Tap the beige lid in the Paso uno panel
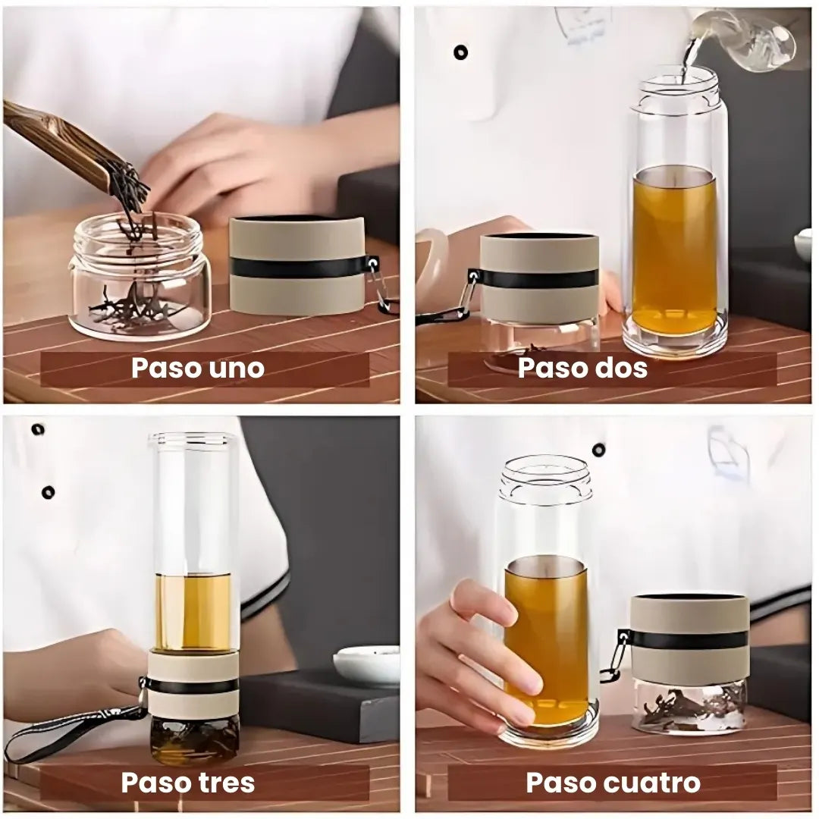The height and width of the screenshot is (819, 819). pos(297,265)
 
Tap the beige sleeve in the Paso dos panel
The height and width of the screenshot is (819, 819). pos(539,278)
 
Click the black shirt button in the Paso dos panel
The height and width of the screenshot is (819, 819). pos(460,52)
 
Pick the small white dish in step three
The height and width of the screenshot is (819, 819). pos(367,664)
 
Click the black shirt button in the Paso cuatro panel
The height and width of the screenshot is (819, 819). pos(599,450)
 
